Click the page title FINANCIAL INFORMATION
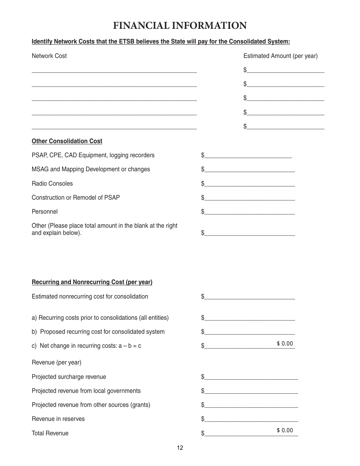click(x=180, y=26)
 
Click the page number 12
click(x=180, y=448)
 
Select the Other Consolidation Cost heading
click(x=67, y=141)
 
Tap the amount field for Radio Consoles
click(x=249, y=183)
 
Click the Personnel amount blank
click(x=249, y=211)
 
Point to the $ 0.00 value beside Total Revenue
click(x=285, y=430)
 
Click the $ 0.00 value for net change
click(x=285, y=344)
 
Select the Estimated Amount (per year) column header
click(x=280, y=56)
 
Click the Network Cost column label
click(x=49, y=56)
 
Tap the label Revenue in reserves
click(x=58, y=419)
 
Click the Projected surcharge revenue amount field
click(x=251, y=377)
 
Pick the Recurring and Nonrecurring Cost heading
click(x=92, y=282)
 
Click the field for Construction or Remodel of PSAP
click(x=249, y=197)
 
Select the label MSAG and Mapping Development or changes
click(x=91, y=169)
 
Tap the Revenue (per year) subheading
click(x=56, y=363)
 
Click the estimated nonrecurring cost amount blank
click(x=249, y=296)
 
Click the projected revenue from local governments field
click(x=251, y=391)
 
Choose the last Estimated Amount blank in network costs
click(x=285, y=126)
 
